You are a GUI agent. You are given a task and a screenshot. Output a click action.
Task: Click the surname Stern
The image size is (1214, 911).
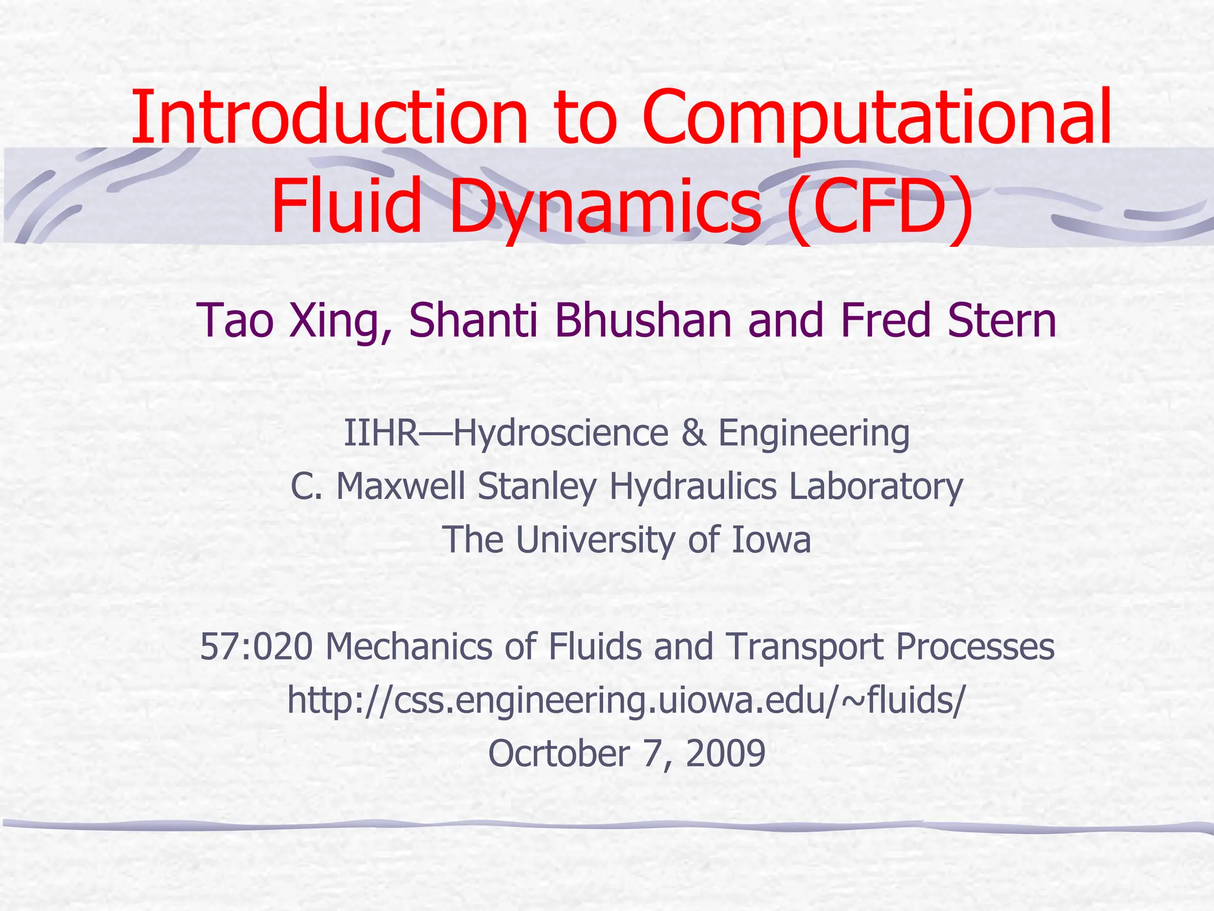click(x=1002, y=321)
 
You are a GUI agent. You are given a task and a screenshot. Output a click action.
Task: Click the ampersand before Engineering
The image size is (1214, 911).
click(x=694, y=432)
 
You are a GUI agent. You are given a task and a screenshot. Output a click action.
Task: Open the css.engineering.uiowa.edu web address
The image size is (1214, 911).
click(x=626, y=700)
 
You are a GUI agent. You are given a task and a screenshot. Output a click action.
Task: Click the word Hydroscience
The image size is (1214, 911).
click(x=561, y=432)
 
